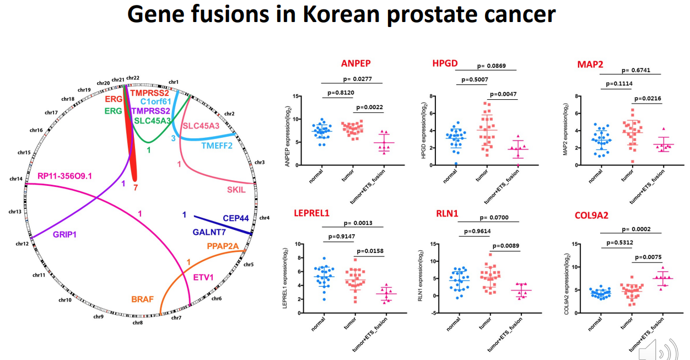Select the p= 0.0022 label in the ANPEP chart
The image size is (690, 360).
[369, 107]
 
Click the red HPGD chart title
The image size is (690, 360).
[445, 63]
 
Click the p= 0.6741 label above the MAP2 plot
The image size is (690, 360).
[639, 70]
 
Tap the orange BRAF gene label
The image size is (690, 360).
[142, 300]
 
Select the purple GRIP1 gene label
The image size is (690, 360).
[65, 234]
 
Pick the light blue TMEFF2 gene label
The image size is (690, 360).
[217, 146]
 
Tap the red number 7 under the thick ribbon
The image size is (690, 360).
[136, 187]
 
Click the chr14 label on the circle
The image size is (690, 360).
[16, 178]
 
